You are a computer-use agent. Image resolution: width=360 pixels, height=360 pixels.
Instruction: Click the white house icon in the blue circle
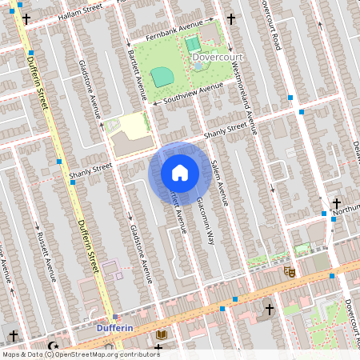click(x=180, y=173)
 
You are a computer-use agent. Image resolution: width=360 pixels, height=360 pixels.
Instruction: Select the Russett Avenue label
click(x=50, y=257)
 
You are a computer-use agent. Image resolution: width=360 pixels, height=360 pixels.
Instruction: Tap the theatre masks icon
click(x=290, y=272)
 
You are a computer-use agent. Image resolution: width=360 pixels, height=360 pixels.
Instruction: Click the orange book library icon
click(x=162, y=334)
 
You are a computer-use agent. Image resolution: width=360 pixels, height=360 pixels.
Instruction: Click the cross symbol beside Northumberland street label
click(x=337, y=203)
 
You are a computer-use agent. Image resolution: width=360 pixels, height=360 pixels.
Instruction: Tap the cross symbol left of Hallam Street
click(x=26, y=18)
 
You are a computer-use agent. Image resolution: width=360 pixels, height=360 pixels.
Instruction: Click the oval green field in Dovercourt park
click(x=162, y=76)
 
